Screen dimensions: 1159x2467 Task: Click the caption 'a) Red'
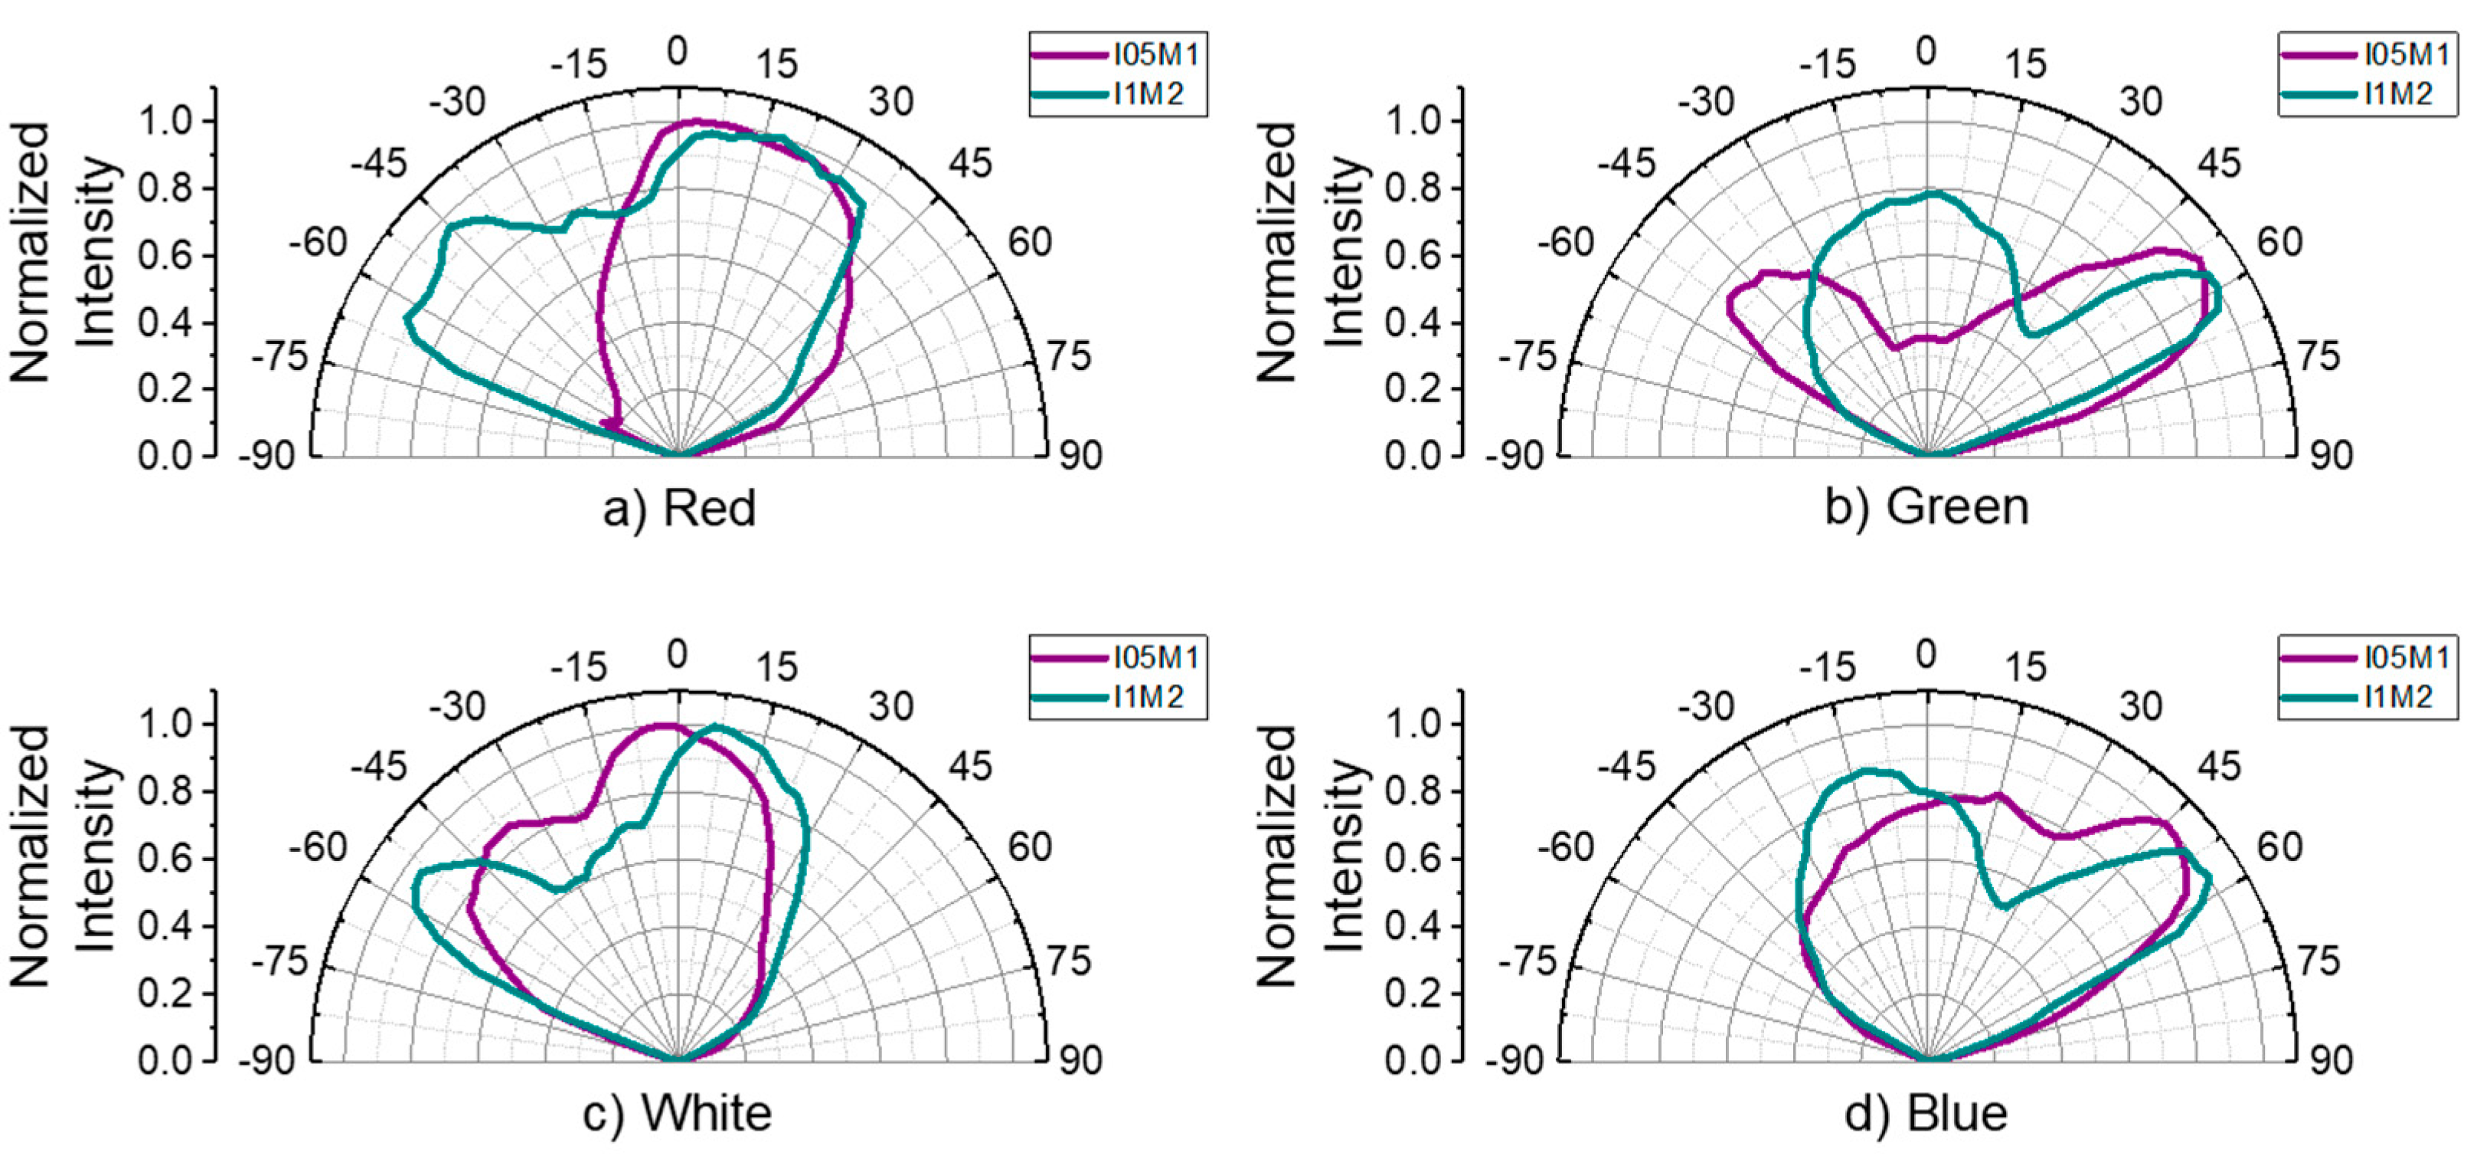tap(679, 508)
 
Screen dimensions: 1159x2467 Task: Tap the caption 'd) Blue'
tap(1926, 1113)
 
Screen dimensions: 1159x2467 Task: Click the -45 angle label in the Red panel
tap(378, 164)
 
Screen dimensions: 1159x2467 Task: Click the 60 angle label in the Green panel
tap(2279, 242)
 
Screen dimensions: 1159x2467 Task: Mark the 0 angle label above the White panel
tap(677, 655)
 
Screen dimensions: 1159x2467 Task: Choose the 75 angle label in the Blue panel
tap(2318, 961)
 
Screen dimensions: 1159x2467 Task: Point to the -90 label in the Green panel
tap(1515, 456)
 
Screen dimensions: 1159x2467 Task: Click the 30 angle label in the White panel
tap(890, 707)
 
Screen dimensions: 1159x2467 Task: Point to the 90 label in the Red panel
tap(1080, 456)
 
